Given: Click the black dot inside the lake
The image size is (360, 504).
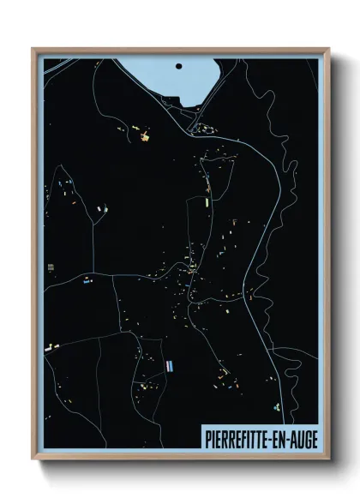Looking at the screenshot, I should click(178, 65).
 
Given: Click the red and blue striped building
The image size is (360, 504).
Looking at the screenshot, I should click(173, 365).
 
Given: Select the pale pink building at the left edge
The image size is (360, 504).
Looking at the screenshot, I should click(49, 348).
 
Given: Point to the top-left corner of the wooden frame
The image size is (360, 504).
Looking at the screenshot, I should click(33, 48).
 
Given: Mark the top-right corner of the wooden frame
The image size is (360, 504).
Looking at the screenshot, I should click(329, 48).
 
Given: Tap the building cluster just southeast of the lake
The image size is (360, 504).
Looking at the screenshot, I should click(206, 129).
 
